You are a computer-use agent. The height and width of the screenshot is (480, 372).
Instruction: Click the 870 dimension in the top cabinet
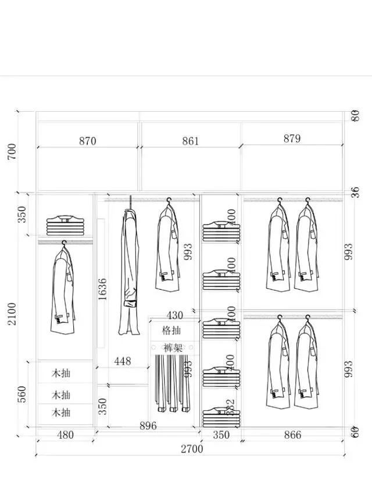87,141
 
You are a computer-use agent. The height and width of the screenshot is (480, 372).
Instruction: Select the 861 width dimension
190,141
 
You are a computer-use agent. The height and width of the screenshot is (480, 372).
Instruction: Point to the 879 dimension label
292,138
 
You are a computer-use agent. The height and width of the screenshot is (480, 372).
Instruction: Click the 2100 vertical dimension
12,314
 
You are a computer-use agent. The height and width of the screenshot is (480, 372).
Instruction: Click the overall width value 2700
191,449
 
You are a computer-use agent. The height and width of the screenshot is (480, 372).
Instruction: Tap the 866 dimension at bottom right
293,435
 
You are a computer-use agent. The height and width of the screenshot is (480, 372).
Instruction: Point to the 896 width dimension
148,426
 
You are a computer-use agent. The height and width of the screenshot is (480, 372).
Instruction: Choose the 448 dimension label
122,361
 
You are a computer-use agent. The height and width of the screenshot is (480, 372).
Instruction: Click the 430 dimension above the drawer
174,315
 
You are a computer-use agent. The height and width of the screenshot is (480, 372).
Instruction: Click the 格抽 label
171,330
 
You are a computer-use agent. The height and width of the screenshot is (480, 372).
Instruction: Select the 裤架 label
172,347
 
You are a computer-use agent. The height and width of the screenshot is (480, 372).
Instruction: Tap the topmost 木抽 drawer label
61,372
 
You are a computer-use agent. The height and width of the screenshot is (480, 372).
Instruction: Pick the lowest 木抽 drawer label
61,413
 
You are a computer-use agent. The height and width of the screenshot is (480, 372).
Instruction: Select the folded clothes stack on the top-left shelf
65,225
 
